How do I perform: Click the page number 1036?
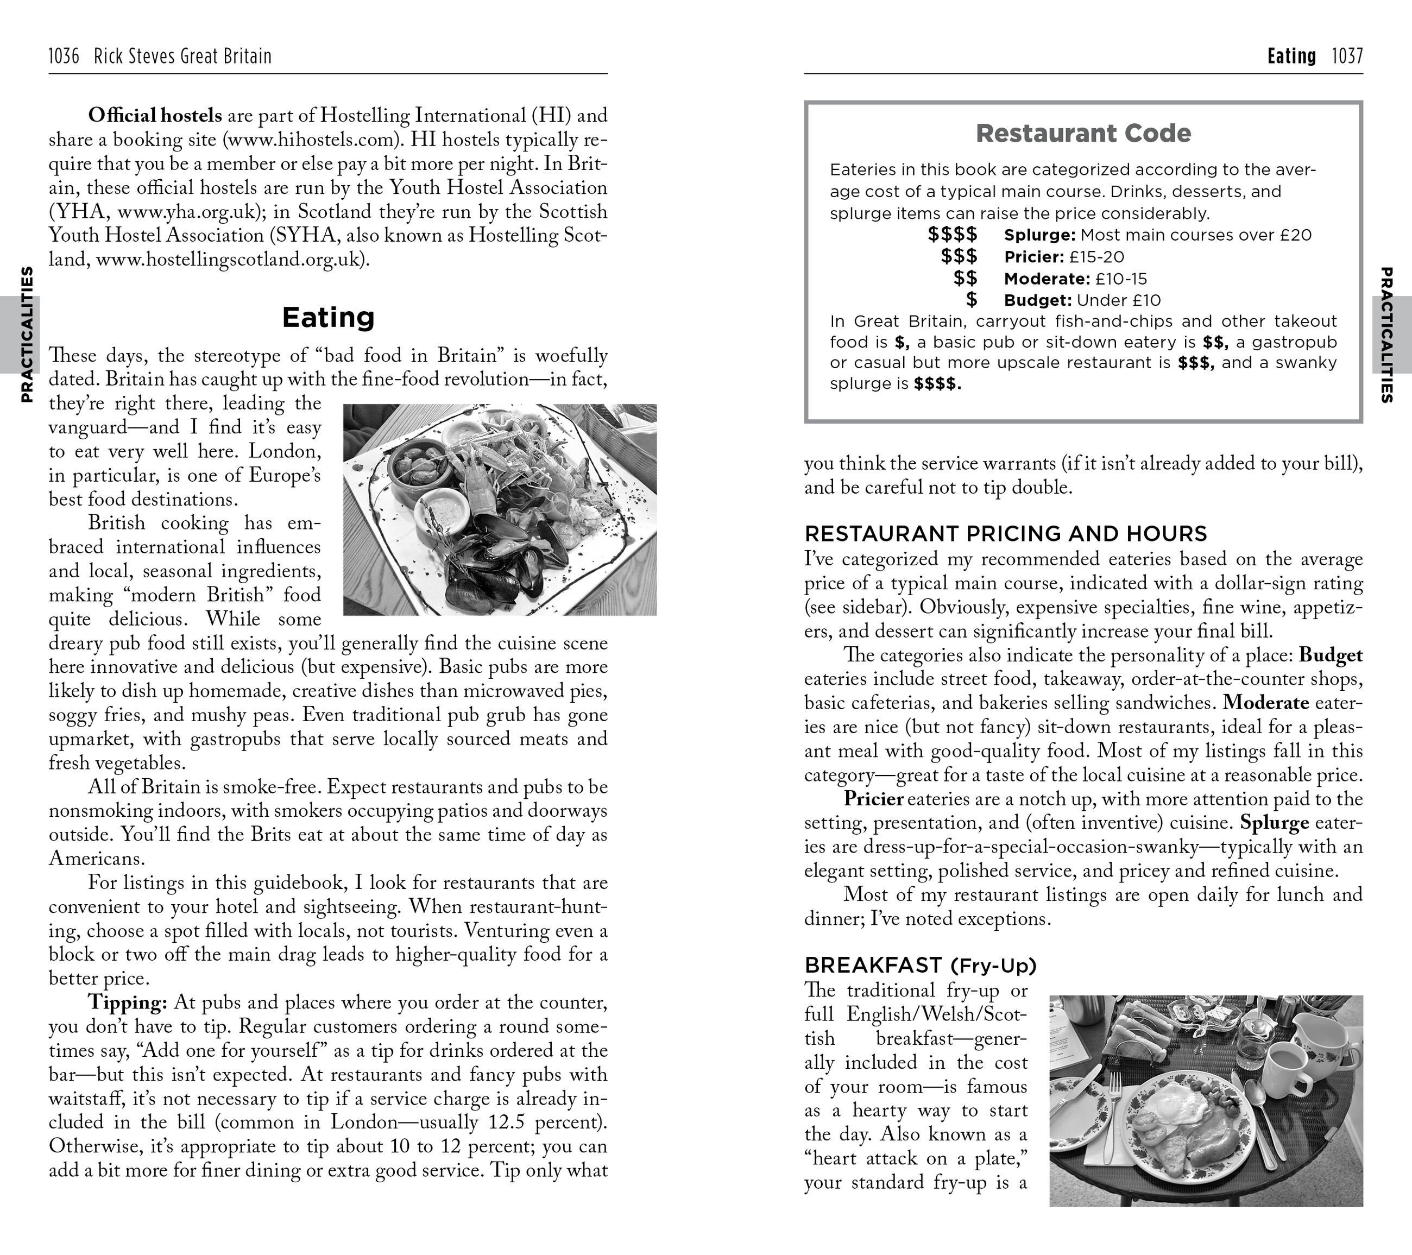(x=64, y=56)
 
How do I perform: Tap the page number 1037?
(x=1347, y=56)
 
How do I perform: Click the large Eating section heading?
(x=328, y=317)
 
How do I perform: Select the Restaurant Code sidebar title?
(x=1083, y=133)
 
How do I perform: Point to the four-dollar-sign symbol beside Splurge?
(x=953, y=235)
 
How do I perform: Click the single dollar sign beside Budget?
(x=971, y=300)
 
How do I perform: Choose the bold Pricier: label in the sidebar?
(x=1034, y=257)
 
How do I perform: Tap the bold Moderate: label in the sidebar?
(x=1047, y=279)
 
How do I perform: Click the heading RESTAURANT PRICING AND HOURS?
(x=1006, y=533)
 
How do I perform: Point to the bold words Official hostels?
(x=155, y=115)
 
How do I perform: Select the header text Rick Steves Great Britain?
(x=182, y=56)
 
